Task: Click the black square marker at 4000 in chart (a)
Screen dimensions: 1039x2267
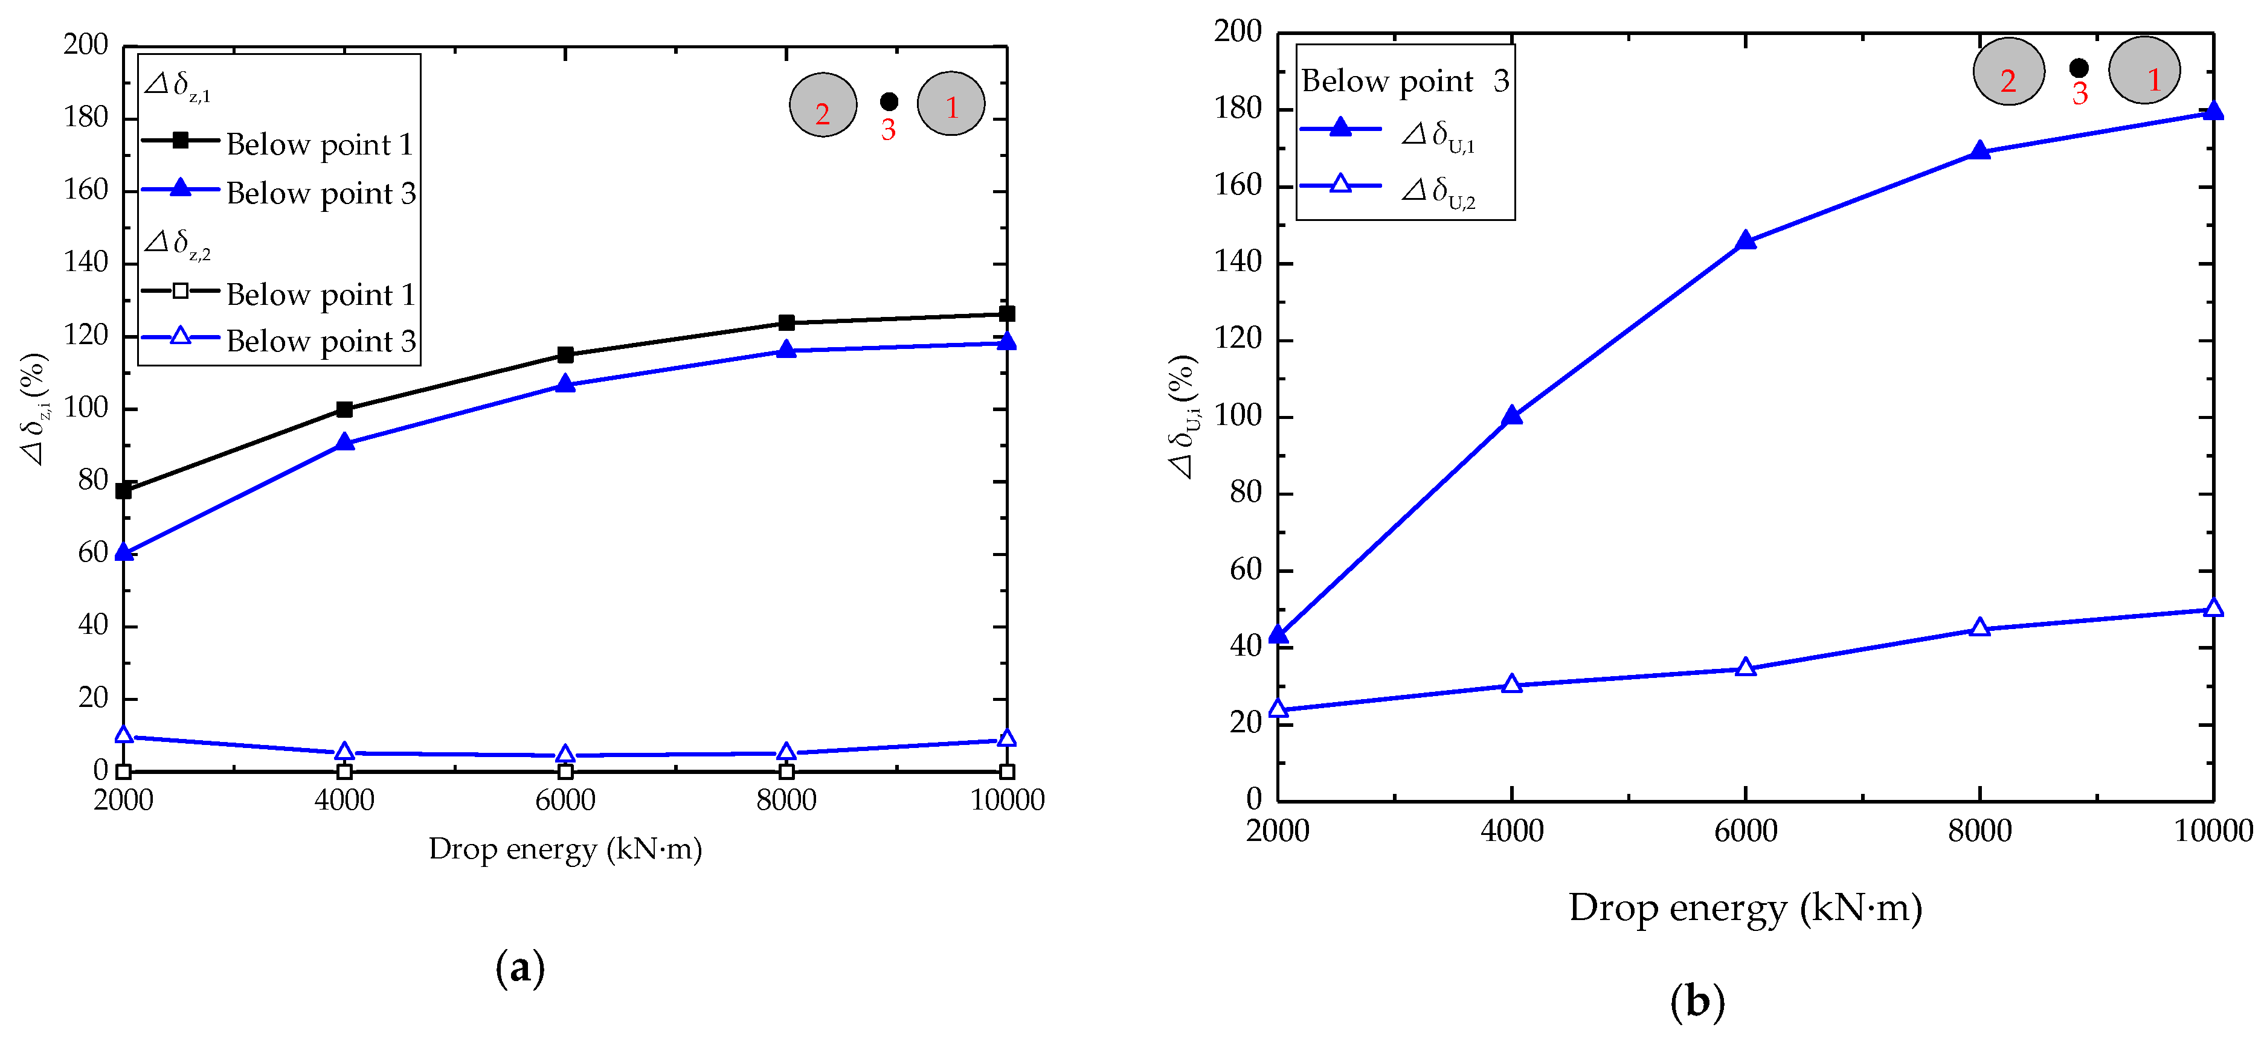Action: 344,409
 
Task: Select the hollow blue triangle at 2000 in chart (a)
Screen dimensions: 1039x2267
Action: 124,735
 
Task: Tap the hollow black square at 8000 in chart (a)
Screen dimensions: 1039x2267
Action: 786,772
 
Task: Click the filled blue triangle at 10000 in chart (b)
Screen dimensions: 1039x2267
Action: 2213,112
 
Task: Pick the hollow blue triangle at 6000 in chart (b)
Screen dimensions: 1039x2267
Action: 1745,668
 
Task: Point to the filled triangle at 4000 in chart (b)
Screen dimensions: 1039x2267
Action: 1511,416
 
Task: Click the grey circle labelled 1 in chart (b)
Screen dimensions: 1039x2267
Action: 2144,71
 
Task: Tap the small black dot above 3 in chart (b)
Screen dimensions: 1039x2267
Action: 2079,68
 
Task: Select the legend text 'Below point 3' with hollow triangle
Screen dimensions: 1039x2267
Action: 320,341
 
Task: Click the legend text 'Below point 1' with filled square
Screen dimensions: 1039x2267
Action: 320,144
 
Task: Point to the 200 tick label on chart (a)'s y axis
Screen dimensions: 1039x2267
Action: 85,44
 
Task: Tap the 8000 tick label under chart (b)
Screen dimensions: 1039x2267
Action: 1979,831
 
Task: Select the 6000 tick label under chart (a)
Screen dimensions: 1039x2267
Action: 565,800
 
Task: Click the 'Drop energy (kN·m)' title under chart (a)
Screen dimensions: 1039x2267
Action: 565,849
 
